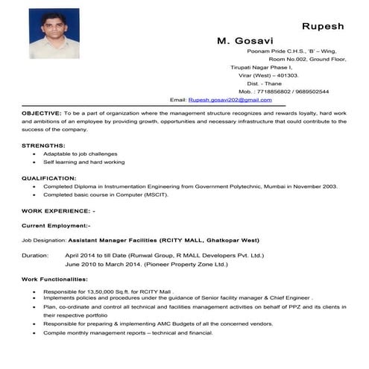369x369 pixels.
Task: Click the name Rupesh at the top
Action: [x=322, y=26]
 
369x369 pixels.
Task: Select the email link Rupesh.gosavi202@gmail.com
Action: [x=230, y=99]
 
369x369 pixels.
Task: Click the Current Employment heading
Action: [x=56, y=224]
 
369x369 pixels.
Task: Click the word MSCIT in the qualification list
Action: [x=155, y=195]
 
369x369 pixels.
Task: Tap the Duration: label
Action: [x=35, y=255]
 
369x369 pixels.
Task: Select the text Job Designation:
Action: [x=44, y=241]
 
